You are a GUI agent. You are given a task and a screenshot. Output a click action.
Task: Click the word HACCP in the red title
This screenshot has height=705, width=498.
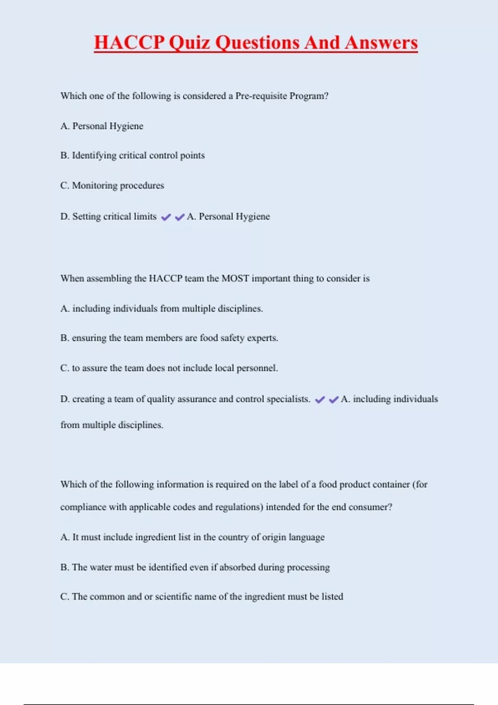(x=129, y=43)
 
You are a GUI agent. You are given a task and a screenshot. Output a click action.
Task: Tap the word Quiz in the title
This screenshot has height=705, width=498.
(x=190, y=43)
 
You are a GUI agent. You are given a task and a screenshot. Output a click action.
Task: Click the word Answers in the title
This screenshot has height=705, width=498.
(x=381, y=43)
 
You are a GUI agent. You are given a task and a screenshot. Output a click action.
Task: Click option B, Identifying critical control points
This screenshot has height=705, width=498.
(x=132, y=156)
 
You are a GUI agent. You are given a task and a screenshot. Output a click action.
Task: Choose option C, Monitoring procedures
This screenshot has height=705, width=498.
(x=112, y=185)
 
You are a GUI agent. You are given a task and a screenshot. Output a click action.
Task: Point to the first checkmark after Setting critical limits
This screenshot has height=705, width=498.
(x=166, y=217)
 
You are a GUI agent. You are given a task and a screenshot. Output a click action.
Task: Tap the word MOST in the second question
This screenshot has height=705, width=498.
(x=235, y=278)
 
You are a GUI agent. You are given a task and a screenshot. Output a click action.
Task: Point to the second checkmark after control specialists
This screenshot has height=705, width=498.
(x=334, y=399)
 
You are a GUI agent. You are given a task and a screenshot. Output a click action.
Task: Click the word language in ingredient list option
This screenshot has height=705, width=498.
(x=307, y=537)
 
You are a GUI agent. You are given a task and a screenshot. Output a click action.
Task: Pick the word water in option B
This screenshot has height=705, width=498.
(x=101, y=567)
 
